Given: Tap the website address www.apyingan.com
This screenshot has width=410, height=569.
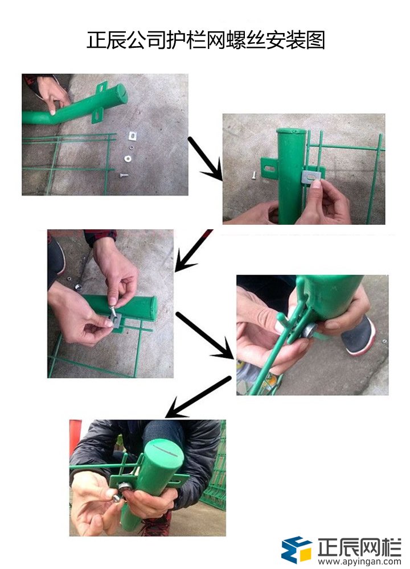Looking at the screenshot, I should pyautogui.click(x=359, y=560).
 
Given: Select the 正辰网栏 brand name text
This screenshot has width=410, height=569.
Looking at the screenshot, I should pyautogui.click(x=359, y=545).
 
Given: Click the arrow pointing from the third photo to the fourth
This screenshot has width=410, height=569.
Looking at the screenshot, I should pyautogui.click(x=206, y=336).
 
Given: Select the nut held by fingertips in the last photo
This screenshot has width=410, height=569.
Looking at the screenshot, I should pyautogui.click(x=116, y=498).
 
